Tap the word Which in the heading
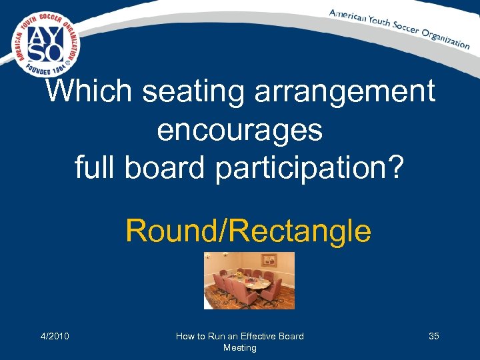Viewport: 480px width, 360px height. pyautogui.click(x=87, y=91)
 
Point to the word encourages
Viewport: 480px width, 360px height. pyautogui.click(x=240, y=131)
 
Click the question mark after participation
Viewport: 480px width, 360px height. pyautogui.click(x=395, y=167)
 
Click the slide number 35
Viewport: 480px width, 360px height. pyautogui.click(x=433, y=336)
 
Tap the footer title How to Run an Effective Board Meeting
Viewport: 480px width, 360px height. pyautogui.click(x=239, y=341)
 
